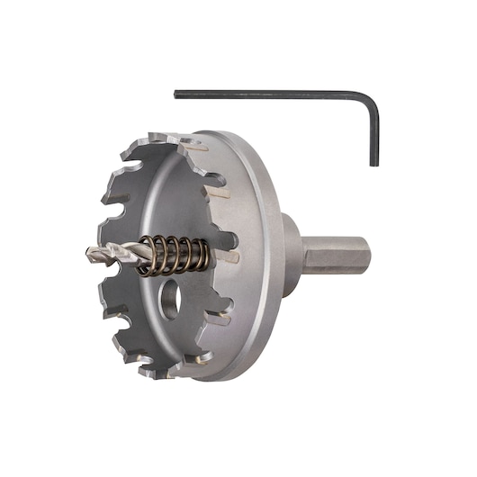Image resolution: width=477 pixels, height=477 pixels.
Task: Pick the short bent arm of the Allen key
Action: [x=373, y=130]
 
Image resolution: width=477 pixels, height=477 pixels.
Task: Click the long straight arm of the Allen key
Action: [x=270, y=93]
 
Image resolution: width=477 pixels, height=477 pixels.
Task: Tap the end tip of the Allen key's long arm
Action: [x=176, y=91]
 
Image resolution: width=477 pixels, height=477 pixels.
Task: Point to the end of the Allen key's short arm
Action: [x=373, y=164]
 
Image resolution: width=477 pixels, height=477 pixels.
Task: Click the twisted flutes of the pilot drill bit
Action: [x=117, y=256]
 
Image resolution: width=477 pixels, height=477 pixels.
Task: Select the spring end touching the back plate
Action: [x=212, y=256]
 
